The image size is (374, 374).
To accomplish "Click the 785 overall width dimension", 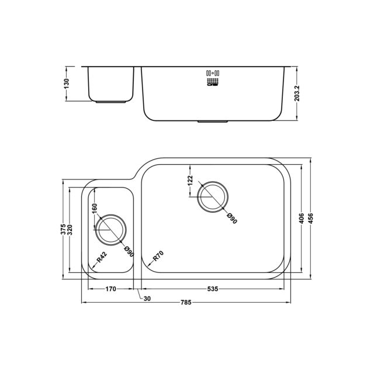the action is pos(186,303).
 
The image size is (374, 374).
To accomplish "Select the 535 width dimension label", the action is pos(213,289).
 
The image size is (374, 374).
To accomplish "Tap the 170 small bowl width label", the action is pos(110,289).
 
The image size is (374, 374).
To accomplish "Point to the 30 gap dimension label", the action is pos(147,299).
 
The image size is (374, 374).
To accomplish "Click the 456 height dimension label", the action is pos(310,219).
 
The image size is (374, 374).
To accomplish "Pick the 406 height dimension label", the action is pos(302,219).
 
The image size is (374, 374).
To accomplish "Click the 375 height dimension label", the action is pos(63,230).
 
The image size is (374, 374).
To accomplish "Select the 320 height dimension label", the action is pos(70,230).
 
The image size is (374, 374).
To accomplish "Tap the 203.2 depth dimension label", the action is pos(297,93).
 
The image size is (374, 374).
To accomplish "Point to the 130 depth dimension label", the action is pos(66,84).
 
